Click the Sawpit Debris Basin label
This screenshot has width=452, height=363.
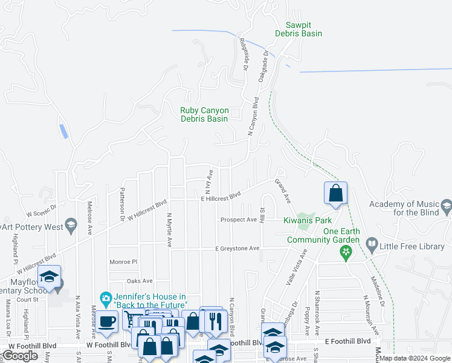point(304,29)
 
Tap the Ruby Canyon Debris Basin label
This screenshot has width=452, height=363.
point(204,114)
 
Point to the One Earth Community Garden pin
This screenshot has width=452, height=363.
point(346,253)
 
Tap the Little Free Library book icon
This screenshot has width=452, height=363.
point(372,245)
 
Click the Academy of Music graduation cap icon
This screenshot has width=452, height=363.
point(446,206)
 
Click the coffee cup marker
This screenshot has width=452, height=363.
point(107,321)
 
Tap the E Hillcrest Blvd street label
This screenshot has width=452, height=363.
point(221,197)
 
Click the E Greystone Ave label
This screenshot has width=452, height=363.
point(237,249)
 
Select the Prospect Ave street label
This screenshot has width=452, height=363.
point(239,220)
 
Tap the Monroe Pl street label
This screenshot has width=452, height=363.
point(124,262)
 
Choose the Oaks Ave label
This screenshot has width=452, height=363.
point(140,281)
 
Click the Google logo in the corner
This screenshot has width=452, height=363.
point(20,356)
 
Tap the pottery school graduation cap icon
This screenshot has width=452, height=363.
point(71,226)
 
